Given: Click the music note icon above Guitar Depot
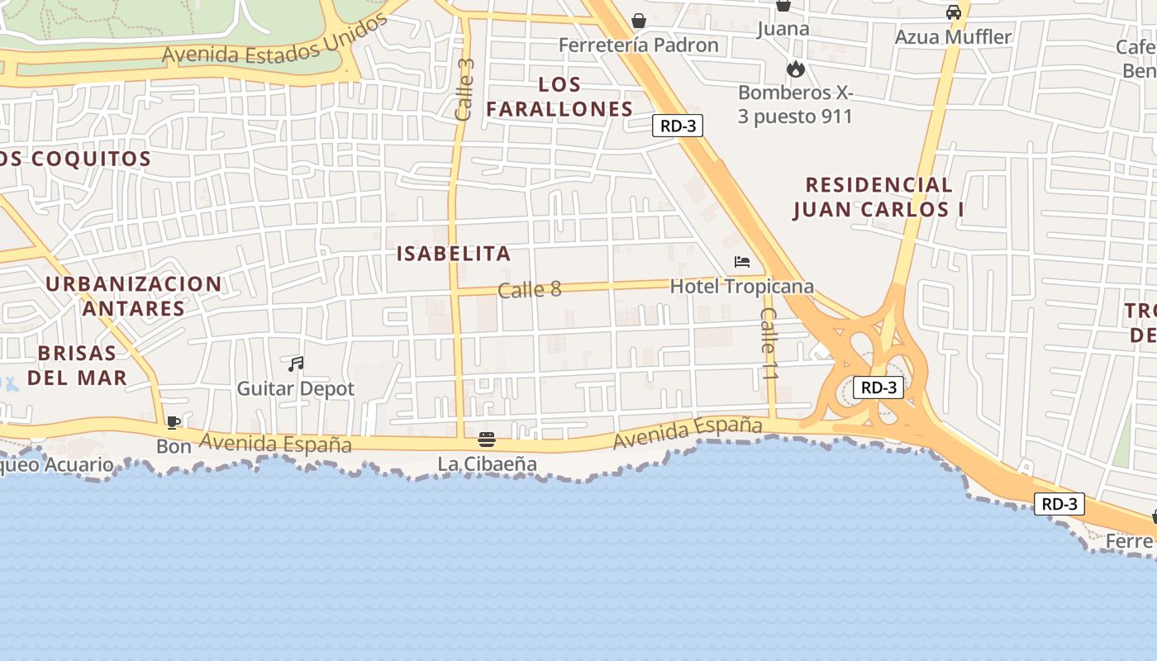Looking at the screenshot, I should point(296,364).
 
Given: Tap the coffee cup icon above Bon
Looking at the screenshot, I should point(174,423).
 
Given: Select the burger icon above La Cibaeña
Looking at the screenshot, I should point(487,440).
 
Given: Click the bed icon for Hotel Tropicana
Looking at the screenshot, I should point(742,262).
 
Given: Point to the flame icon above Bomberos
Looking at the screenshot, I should point(796,69).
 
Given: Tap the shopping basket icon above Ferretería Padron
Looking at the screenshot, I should point(639,21).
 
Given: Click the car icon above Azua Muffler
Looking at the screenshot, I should point(954,12).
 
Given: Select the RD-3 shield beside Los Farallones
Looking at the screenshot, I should point(678,126).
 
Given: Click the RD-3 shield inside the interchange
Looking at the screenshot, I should point(878,388).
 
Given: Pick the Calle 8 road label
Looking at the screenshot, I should point(529,289).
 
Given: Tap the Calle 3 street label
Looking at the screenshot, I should point(465,89).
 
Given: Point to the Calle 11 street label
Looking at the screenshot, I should point(769,344).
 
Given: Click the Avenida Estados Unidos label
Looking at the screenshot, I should point(275,41).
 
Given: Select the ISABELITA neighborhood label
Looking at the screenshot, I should point(454,254).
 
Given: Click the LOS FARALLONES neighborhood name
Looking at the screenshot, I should point(559,97).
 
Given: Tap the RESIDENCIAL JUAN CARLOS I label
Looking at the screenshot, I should point(878,197).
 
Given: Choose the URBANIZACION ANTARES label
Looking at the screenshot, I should point(133,296).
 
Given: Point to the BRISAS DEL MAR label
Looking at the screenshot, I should point(77,365).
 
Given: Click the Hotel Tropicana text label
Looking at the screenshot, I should point(741,287).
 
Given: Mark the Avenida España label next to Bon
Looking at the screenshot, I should point(275,444).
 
